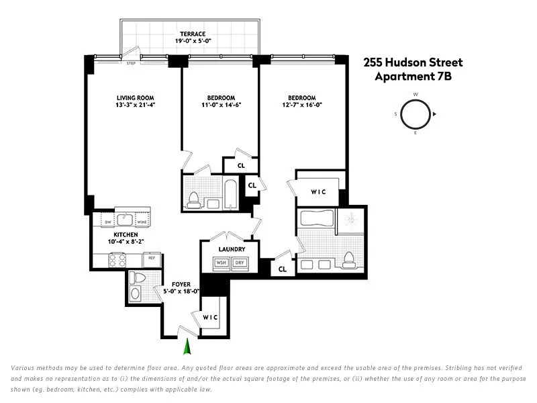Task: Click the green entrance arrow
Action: (188, 347)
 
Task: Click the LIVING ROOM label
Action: (136, 97)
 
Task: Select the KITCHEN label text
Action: (107, 234)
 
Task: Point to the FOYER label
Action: (181, 284)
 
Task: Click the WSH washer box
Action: (222, 263)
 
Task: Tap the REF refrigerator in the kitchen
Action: (152, 257)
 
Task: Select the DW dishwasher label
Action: (108, 221)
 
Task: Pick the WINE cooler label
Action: (142, 221)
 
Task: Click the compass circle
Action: (415, 114)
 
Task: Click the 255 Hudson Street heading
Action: (413, 62)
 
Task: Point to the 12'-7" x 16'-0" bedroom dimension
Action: (302, 105)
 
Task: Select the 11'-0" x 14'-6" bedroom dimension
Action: (221, 105)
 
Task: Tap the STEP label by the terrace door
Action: (132, 64)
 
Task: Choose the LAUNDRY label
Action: (231, 249)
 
